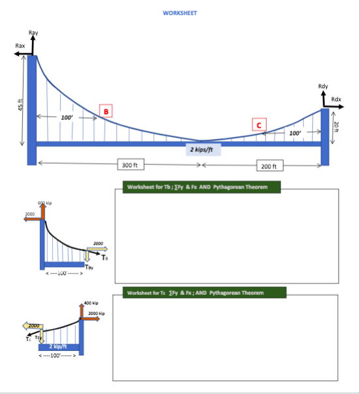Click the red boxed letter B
pos(104,111)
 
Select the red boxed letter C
pos(259,124)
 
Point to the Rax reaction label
pos(20,46)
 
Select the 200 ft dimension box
pos(271,166)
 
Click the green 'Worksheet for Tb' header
pos(201,187)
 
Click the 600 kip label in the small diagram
pos(45,204)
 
